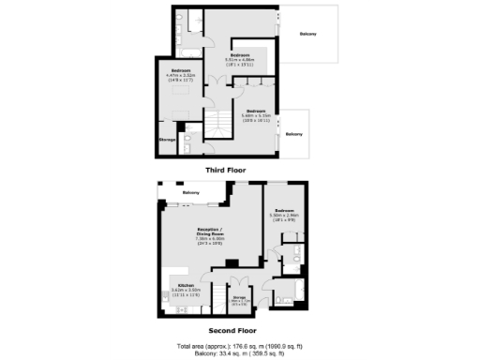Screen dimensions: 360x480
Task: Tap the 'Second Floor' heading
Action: pyautogui.click(x=232, y=331)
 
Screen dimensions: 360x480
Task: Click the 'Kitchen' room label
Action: pyautogui.click(x=178, y=286)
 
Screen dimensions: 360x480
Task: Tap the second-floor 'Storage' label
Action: pyautogui.click(x=239, y=297)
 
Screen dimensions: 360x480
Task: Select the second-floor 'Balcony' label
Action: pyautogui.click(x=190, y=193)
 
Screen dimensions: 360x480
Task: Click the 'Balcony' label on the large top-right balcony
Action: pyautogui.click(x=307, y=35)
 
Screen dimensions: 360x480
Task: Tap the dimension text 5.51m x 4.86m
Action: pyautogui.click(x=241, y=60)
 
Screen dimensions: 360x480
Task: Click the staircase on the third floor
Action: pyautogui.click(x=217, y=122)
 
